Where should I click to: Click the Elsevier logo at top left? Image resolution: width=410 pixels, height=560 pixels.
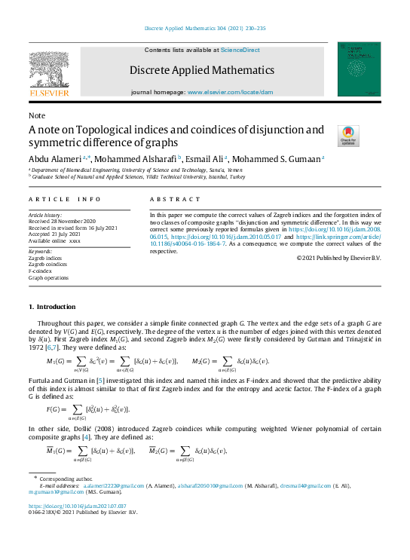(x=50, y=72)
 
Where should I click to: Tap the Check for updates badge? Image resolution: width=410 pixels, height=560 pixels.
(x=348, y=136)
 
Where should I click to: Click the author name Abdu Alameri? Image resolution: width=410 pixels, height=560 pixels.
(x=57, y=159)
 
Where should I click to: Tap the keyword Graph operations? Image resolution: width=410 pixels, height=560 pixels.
(x=49, y=277)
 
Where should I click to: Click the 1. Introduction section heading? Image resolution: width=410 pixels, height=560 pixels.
(x=52, y=307)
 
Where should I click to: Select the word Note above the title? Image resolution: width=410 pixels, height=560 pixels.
(x=37, y=115)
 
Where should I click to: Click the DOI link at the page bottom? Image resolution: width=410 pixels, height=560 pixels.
(x=76, y=506)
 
